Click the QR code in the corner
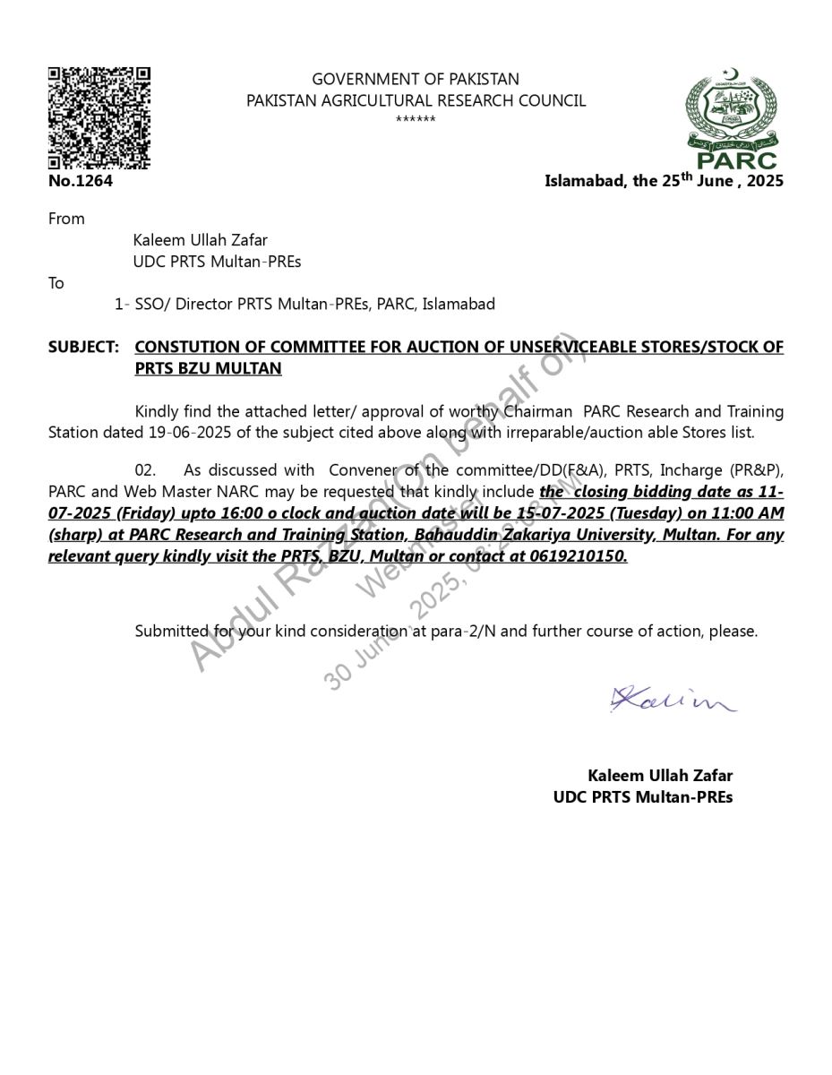point(99,117)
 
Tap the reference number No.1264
point(81,181)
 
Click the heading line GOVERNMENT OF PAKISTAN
point(416,80)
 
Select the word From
point(66,219)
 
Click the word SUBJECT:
point(83,347)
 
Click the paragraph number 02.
point(145,470)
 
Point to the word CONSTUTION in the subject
point(186,347)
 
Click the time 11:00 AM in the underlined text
point(754,513)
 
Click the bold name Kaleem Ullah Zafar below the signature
point(660,776)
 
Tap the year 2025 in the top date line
point(765,181)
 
